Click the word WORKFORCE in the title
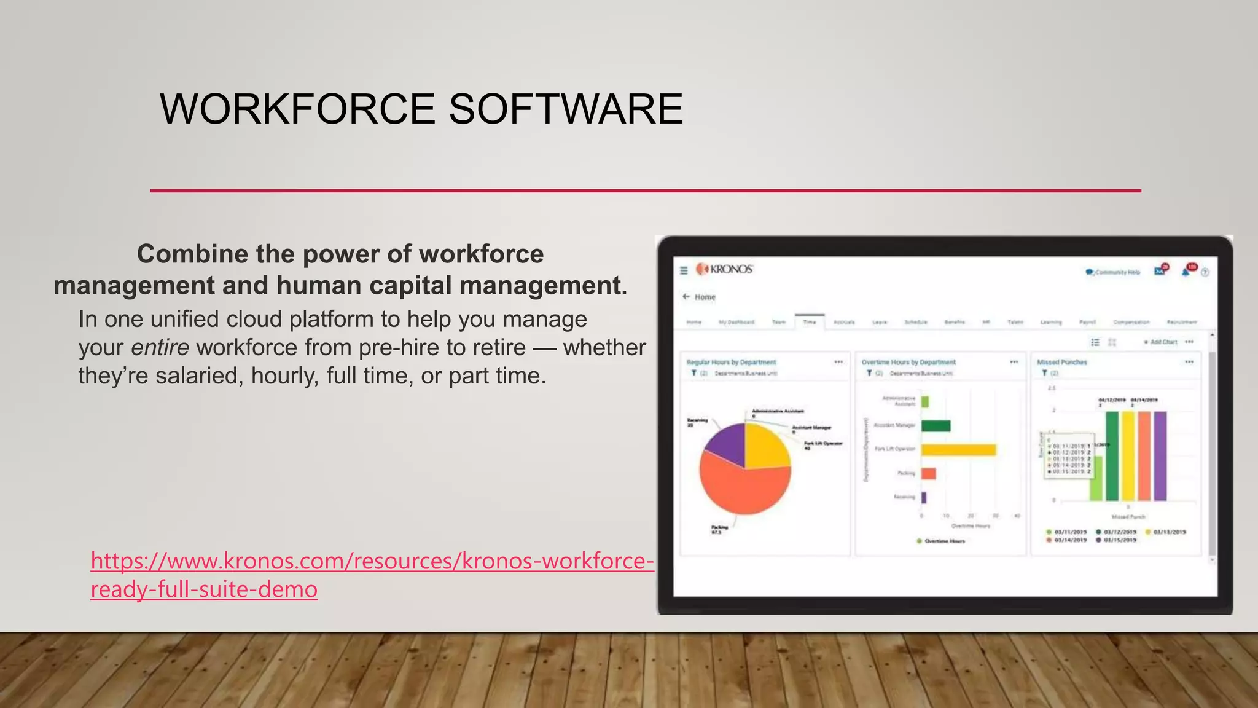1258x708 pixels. pos(298,109)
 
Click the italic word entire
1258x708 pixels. pos(160,348)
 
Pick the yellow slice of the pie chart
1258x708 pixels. pos(765,446)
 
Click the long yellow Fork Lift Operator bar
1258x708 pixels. pos(958,450)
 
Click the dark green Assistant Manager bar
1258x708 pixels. pos(936,426)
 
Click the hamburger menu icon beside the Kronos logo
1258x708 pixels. pos(684,270)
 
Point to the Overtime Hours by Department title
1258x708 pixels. pos(908,362)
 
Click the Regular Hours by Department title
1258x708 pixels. pos(731,362)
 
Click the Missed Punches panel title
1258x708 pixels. pos(1062,362)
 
